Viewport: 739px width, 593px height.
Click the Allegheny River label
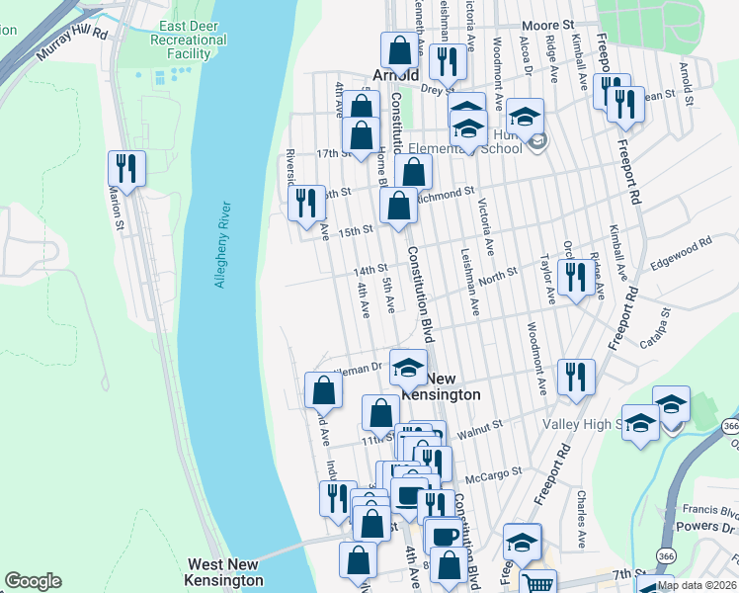click(x=222, y=246)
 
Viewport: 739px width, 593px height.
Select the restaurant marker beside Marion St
click(x=126, y=169)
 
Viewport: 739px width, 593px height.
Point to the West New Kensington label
click(x=225, y=572)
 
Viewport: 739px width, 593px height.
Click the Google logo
click(x=33, y=581)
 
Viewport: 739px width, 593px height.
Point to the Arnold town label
click(x=396, y=74)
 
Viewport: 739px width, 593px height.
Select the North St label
click(x=497, y=277)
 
